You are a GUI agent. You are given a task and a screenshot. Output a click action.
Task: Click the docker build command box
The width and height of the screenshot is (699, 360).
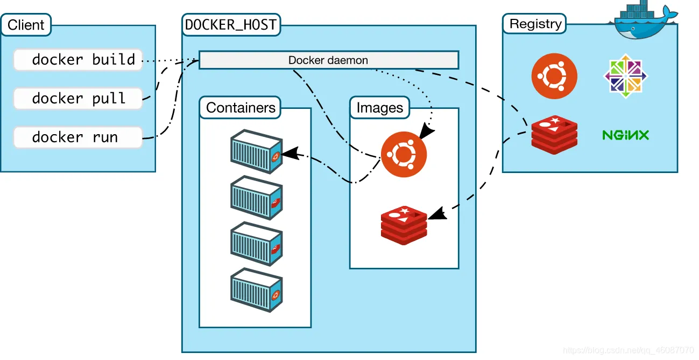pyautogui.click(x=78, y=59)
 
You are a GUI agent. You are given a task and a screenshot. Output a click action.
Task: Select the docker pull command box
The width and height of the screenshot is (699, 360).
pyautogui.click(x=78, y=98)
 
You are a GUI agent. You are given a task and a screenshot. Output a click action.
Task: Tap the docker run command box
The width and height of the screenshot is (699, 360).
pyautogui.click(x=78, y=137)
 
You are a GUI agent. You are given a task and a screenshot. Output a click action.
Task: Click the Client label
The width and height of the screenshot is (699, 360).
pyautogui.click(x=26, y=25)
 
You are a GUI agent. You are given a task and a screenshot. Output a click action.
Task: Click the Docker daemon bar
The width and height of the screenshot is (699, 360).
pyautogui.click(x=328, y=60)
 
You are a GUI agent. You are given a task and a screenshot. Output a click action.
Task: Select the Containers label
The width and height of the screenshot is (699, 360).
pyautogui.click(x=241, y=108)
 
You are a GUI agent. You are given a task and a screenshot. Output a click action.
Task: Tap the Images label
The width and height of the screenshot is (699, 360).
pyautogui.click(x=379, y=108)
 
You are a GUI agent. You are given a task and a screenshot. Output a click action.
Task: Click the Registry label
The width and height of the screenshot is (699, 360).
pyautogui.click(x=535, y=24)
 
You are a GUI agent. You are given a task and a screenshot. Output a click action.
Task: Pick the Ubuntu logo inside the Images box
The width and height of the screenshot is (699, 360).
pyautogui.click(x=404, y=155)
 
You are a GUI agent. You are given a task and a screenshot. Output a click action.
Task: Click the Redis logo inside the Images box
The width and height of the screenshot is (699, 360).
pyautogui.click(x=404, y=225)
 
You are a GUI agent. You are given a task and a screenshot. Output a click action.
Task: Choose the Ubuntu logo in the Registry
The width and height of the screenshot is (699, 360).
pyautogui.click(x=554, y=76)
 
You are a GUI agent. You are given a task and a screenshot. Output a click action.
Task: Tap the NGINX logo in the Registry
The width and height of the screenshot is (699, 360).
pyautogui.click(x=625, y=135)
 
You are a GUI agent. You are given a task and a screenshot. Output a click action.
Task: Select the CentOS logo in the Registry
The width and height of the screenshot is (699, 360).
pyautogui.click(x=625, y=76)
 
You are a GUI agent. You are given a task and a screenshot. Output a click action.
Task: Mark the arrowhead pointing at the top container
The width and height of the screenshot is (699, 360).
pyautogui.click(x=289, y=154)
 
